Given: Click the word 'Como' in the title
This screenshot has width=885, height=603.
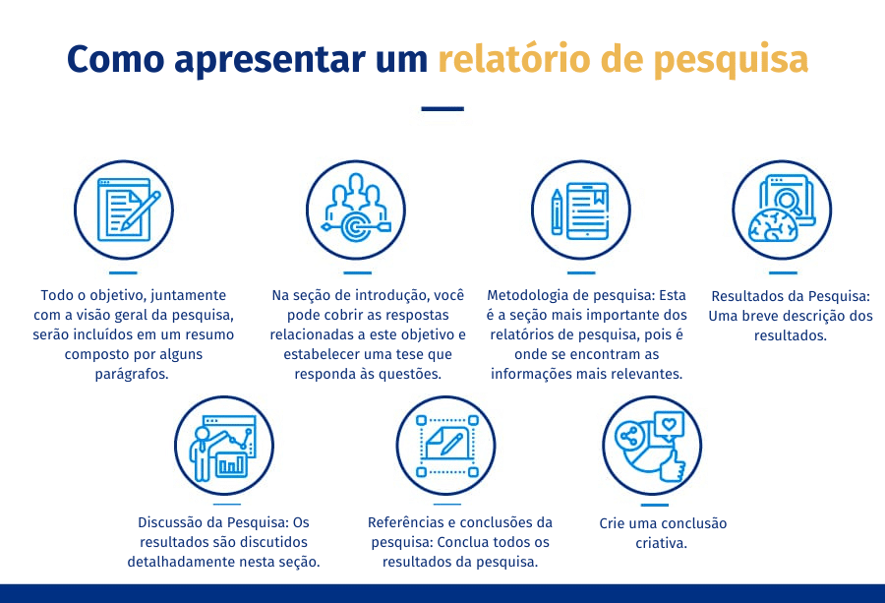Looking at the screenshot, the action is (x=116, y=59).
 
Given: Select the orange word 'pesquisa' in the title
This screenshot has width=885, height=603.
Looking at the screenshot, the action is (x=731, y=61).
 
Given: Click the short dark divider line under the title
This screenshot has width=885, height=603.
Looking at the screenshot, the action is (x=442, y=108).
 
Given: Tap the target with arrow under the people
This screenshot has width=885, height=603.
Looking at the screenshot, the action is (x=356, y=227).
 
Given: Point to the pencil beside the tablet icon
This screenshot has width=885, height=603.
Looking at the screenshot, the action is (x=558, y=211).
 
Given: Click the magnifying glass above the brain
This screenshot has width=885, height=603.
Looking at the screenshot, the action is (x=788, y=201).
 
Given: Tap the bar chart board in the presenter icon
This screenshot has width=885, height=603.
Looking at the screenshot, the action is (x=231, y=464).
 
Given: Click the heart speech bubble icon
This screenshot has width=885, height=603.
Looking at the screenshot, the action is (x=669, y=424).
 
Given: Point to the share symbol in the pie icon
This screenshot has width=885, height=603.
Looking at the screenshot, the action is (x=628, y=437).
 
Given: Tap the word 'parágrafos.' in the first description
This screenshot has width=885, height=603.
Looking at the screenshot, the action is (x=132, y=375).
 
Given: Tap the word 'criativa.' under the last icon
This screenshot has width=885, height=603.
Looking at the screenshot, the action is (x=662, y=543).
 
